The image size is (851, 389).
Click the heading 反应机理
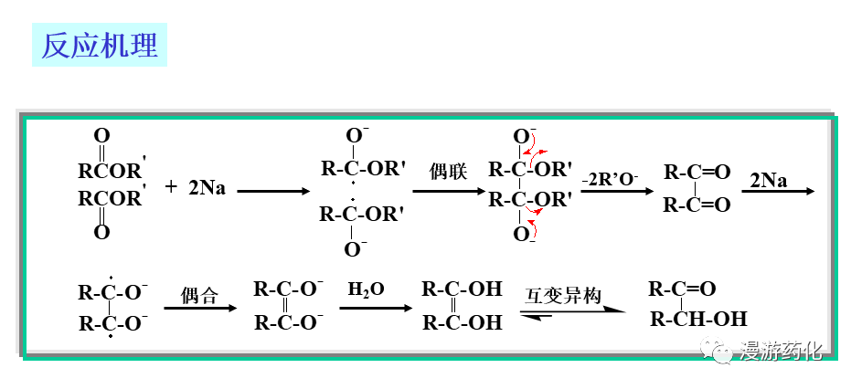point(101,45)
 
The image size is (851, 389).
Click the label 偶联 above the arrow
point(449,172)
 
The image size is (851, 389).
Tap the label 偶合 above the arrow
point(199,295)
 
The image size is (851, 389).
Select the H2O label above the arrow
point(367,289)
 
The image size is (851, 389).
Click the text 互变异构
point(563,295)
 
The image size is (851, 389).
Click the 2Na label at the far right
point(768,180)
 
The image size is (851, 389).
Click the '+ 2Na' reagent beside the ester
point(196,188)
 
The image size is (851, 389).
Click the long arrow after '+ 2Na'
point(273,192)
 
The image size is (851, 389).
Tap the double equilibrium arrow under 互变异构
point(572,313)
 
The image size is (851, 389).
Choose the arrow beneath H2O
point(375,309)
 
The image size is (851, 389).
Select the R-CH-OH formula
point(698,320)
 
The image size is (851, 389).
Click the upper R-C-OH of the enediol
point(462,290)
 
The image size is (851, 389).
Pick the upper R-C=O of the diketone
point(697,172)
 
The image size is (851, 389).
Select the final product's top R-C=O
point(682,290)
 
